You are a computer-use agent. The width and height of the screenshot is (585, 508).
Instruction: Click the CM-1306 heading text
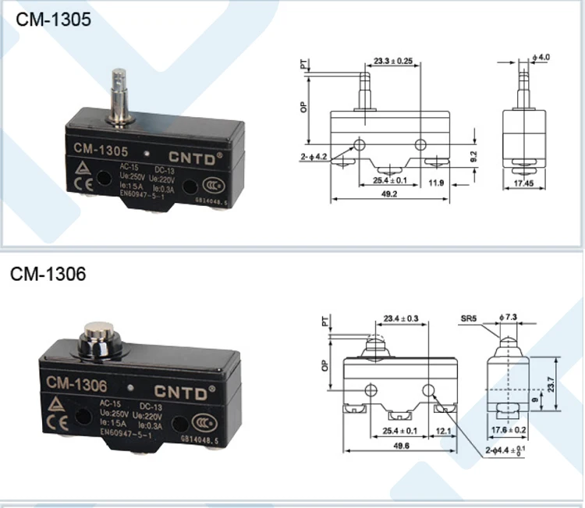click(x=48, y=275)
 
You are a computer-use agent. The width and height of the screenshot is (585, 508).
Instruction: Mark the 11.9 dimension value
click(x=436, y=184)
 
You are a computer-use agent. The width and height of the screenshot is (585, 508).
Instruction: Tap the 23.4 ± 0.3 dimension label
click(x=401, y=318)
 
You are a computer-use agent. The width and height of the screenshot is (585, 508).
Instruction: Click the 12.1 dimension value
click(x=445, y=432)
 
